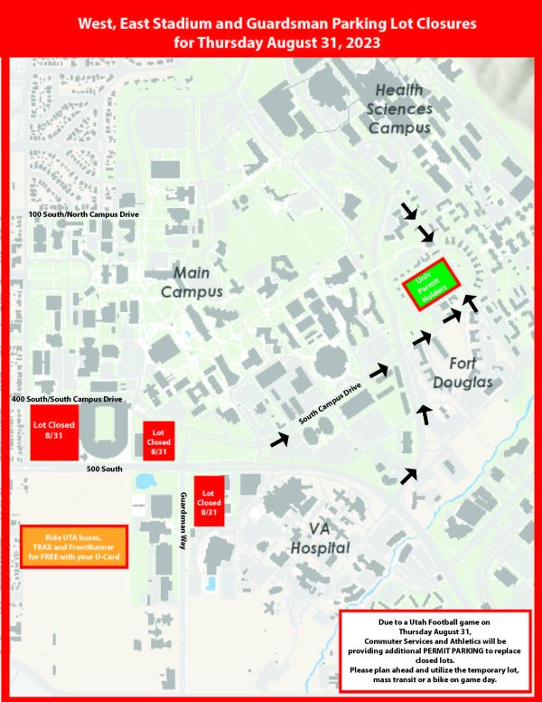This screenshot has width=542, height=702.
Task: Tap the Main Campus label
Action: [192, 281]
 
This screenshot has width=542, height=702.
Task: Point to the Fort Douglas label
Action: [472, 373]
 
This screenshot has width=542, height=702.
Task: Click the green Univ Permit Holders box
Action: [433, 289]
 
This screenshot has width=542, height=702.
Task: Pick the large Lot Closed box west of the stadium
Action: [53, 434]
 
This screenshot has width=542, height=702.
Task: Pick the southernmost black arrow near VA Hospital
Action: [410, 474]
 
